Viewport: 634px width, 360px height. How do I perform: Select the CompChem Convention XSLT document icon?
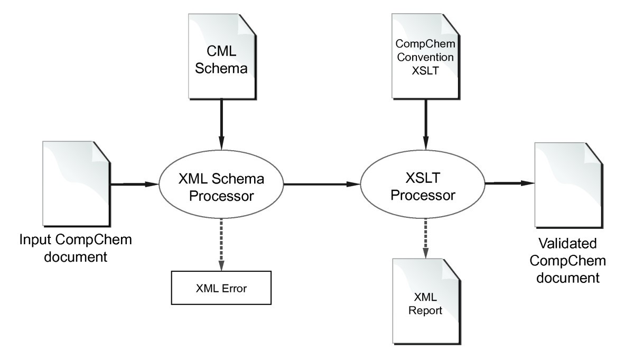421,58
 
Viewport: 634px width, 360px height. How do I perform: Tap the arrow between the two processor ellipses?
322,184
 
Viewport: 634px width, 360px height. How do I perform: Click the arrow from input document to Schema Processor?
134,184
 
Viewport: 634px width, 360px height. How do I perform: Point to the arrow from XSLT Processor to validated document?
510,183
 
